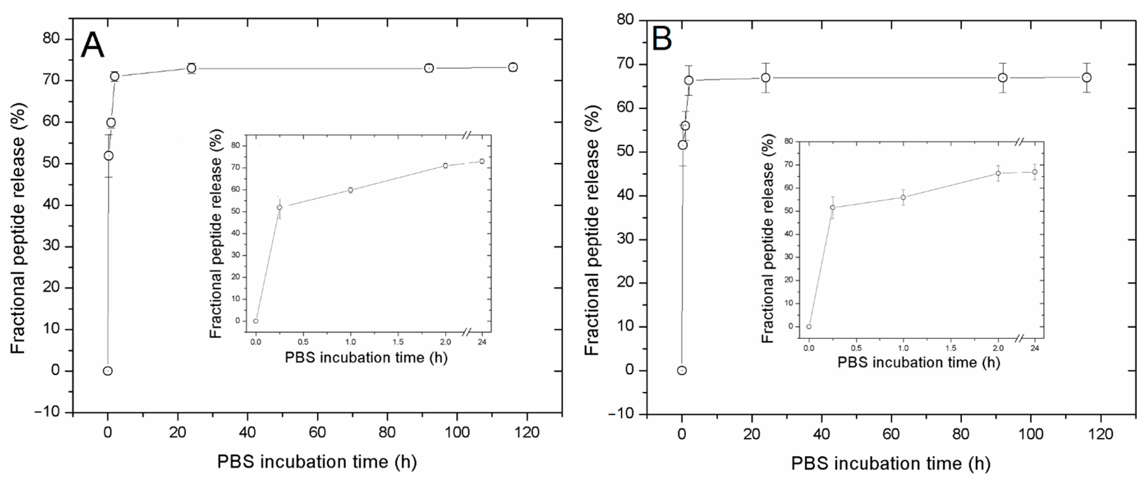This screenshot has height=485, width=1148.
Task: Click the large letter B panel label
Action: [x=662, y=39]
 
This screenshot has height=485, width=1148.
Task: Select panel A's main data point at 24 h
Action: [x=191, y=68]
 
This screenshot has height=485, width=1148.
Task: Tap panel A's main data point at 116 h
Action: [x=513, y=67]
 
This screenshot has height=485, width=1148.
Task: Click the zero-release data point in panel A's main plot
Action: [x=107, y=371]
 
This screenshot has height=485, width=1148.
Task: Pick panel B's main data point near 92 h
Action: [x=1003, y=77]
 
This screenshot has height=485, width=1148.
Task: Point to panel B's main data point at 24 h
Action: [x=766, y=77]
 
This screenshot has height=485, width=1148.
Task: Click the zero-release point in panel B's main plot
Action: [x=682, y=370]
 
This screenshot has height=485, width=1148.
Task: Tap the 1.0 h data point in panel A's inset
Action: [x=351, y=190]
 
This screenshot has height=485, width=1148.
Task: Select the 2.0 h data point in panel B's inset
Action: [x=998, y=173]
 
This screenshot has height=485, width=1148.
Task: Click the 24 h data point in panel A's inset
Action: [x=482, y=161]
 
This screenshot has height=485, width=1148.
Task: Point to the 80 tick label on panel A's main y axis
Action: [x=51, y=39]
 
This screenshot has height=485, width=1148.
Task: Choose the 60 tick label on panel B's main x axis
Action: [x=891, y=434]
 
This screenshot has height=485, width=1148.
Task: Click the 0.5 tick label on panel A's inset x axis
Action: [x=303, y=342]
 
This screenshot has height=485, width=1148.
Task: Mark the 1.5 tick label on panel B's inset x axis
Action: [x=951, y=348]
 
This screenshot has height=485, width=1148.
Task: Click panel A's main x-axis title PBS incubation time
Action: [x=317, y=462]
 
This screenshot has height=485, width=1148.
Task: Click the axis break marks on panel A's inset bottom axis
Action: [x=466, y=332]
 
